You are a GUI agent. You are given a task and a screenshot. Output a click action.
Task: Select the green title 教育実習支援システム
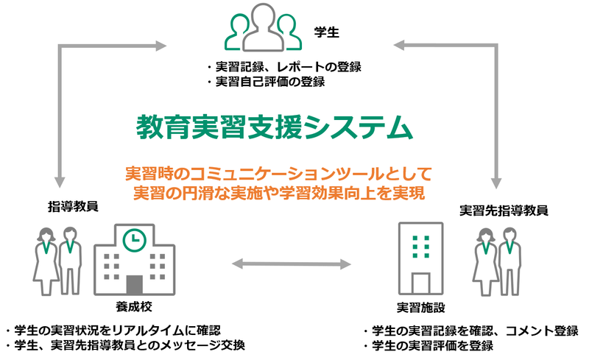coord(274,127)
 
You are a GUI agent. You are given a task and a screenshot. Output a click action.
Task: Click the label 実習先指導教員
coord(504,211)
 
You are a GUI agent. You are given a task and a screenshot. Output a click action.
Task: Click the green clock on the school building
coord(133,239)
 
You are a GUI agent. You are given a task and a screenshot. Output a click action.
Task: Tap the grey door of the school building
coord(133,283)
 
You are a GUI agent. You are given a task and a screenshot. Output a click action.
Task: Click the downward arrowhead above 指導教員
coord(60,181)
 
